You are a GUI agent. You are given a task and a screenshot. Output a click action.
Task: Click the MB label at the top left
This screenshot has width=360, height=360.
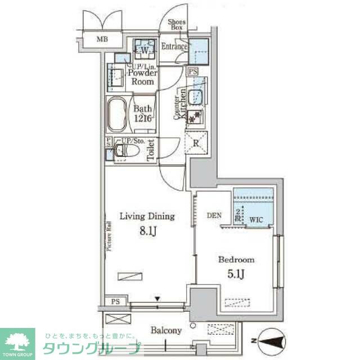102,39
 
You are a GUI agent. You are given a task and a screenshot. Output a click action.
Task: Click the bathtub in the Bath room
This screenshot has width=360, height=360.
118,115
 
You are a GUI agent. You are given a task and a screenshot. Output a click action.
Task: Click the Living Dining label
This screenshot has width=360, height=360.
146,216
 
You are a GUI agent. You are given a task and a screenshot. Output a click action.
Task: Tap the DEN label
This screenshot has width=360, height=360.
214,215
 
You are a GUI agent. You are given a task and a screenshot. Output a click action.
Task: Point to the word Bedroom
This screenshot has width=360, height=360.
236,260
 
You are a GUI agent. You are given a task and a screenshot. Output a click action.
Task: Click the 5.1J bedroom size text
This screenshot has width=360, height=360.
236,274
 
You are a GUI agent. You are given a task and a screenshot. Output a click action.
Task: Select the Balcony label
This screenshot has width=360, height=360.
166,331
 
